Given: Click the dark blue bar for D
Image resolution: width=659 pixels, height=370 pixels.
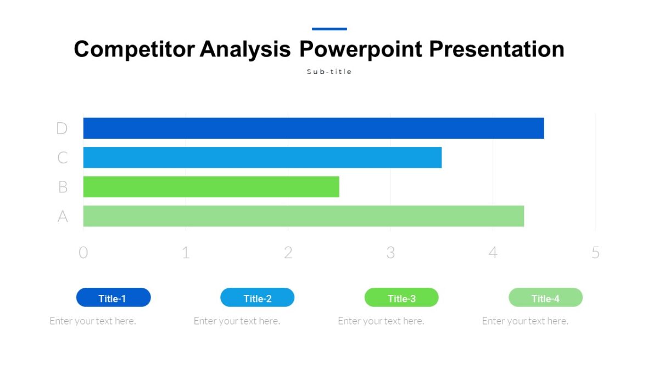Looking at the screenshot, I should pos(313,128).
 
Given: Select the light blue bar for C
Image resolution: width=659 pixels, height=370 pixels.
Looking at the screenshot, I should pos(262,157).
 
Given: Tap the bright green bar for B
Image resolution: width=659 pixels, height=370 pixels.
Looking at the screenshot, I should pos(211,187).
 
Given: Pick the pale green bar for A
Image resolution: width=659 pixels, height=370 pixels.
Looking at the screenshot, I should pos(303,216).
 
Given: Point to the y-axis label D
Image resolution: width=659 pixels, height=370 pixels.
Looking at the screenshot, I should pos(62,128).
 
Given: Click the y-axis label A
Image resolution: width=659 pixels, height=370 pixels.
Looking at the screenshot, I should pos(63,217).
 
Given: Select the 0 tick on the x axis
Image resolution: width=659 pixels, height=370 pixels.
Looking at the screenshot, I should pos(83,253).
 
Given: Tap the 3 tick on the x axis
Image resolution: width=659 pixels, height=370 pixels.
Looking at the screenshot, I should pos(390,253).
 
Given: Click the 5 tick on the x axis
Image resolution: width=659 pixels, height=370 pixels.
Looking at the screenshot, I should pos(595,253).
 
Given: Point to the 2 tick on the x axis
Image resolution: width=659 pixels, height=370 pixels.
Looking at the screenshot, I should pos(288,253).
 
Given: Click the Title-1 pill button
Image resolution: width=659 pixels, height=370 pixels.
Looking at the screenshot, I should pos(113,298).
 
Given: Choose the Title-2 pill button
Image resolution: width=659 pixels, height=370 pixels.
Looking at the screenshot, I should pos(257,298).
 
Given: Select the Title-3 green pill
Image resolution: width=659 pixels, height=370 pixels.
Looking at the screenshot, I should pos(401,298).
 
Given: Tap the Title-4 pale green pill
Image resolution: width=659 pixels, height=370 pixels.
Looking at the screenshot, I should pos(545,298).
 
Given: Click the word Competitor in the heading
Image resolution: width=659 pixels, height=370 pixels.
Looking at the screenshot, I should pos(134,49).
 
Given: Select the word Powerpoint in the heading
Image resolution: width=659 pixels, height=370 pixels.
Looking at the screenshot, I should pos(361,49).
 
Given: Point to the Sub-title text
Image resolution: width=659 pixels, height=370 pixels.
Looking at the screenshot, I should pos(329,72).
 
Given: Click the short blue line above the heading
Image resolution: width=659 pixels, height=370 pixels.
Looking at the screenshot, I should pos(329,29).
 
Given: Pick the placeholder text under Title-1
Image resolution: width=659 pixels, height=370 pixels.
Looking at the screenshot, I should pos(93,321).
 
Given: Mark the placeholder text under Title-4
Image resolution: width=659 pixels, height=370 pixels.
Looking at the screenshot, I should pos(525,321).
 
